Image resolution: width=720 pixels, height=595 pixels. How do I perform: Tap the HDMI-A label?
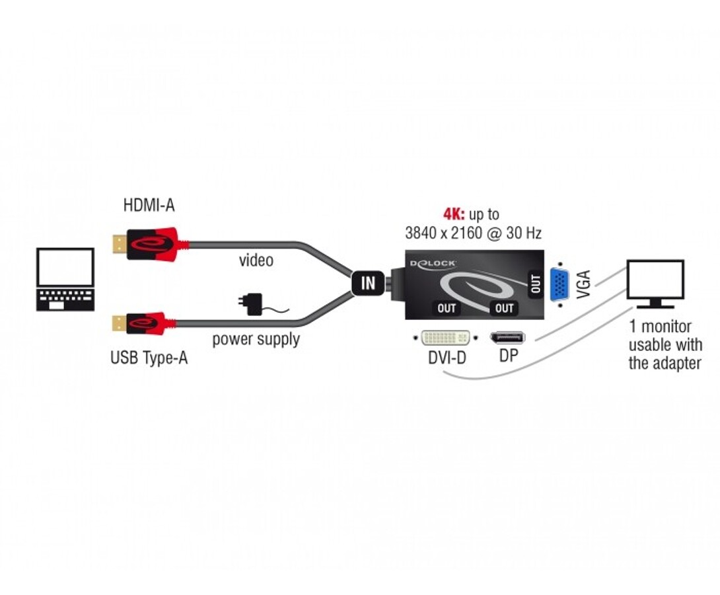(x=149, y=206)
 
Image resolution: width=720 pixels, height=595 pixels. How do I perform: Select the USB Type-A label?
(x=149, y=358)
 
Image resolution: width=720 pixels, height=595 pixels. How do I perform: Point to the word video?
(x=256, y=260)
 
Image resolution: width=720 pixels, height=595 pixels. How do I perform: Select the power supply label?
(x=256, y=340)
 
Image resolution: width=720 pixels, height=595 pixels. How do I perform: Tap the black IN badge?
(x=368, y=283)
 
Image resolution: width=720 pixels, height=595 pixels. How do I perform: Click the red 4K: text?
(x=454, y=214)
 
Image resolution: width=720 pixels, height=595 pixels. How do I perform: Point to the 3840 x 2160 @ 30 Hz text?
(x=473, y=233)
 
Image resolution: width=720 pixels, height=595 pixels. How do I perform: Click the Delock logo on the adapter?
(x=433, y=263)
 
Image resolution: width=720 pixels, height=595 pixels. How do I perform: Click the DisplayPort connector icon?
(x=507, y=338)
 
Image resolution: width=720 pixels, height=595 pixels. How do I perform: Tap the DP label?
(x=508, y=356)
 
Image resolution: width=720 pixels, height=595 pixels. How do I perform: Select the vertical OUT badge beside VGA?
(x=536, y=283)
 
